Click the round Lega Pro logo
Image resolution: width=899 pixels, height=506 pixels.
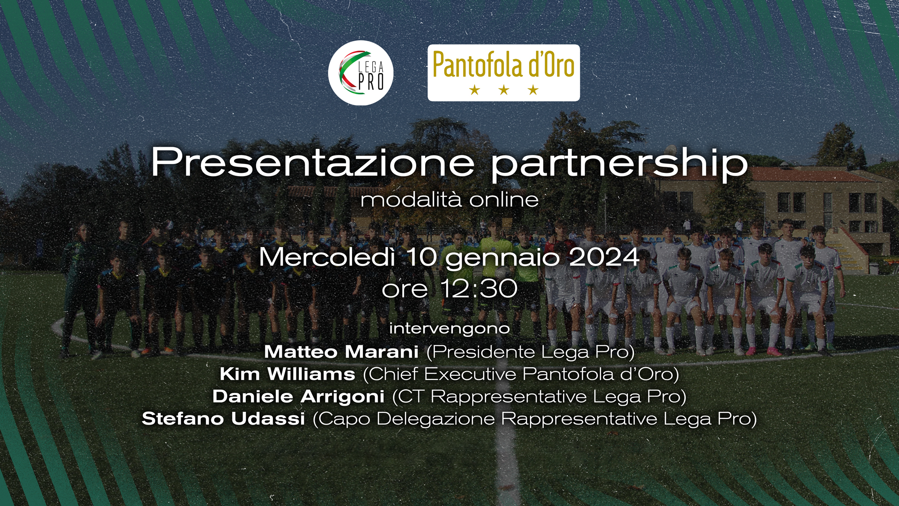click(x=361, y=73)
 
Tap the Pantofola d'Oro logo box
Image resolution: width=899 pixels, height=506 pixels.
click(x=503, y=73)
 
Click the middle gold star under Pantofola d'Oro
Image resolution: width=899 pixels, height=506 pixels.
click(x=504, y=89)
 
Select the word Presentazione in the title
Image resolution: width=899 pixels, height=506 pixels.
click(x=313, y=162)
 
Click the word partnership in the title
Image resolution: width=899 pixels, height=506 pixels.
click(x=619, y=164)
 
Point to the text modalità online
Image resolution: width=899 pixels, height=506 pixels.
click(x=449, y=200)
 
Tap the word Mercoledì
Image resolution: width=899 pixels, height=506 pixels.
click(x=327, y=257)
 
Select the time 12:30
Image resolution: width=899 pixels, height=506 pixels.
click(x=479, y=289)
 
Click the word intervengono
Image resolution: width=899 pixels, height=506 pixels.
click(x=449, y=328)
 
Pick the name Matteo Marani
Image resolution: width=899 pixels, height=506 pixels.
click(x=341, y=352)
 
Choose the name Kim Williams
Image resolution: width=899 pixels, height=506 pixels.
click(x=287, y=374)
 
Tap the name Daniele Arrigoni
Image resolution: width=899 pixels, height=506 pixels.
click(x=298, y=396)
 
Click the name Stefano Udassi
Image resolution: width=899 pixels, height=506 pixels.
click(x=223, y=418)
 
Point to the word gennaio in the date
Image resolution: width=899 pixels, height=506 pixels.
click(x=502, y=259)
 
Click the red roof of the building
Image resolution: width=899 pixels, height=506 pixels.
click(x=815, y=175)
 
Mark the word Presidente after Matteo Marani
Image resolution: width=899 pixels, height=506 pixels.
click(x=485, y=352)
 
